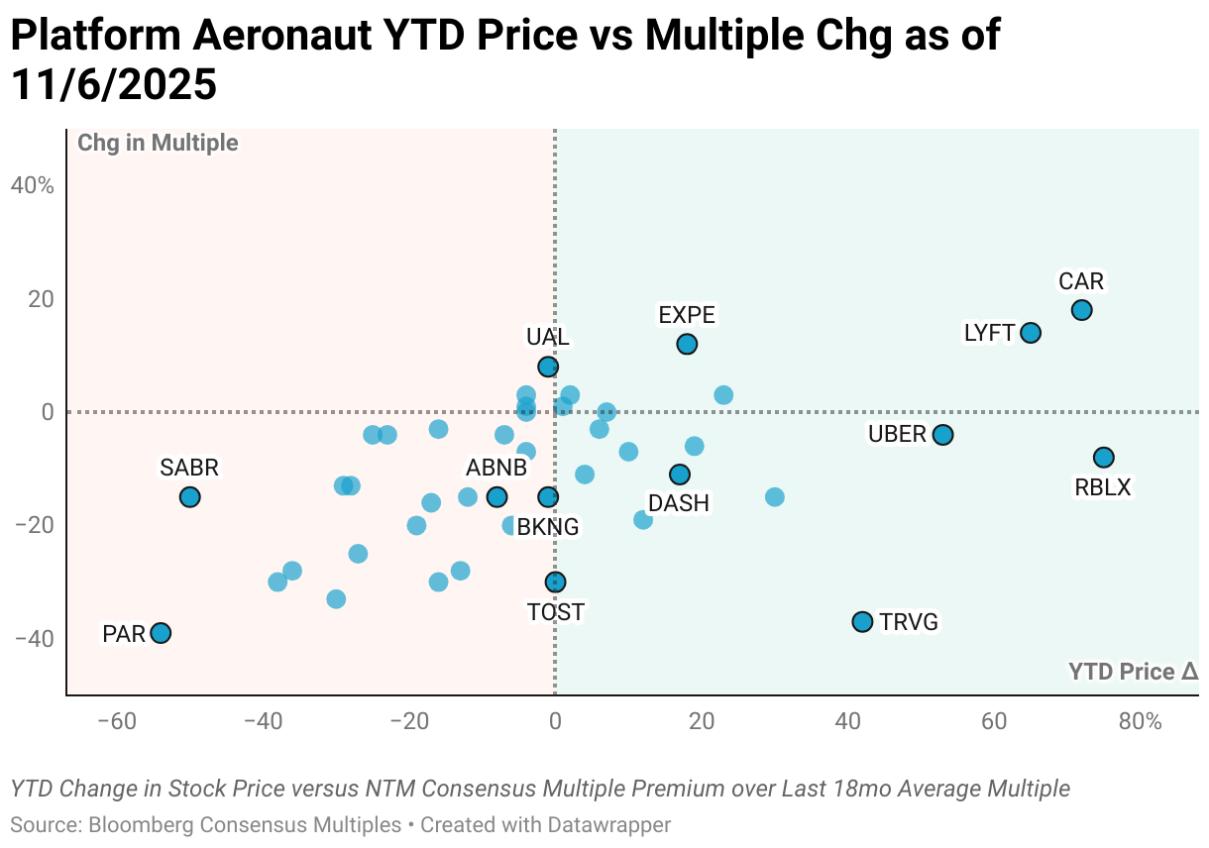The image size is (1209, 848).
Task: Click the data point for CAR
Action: pyautogui.click(x=1081, y=310)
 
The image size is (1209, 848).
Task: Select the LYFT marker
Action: pyautogui.click(x=1031, y=333)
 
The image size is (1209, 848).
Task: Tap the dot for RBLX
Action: pyautogui.click(x=1104, y=458)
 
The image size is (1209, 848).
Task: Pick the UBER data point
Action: pyautogui.click(x=943, y=435)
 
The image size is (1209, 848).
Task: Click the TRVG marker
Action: pyautogui.click(x=862, y=622)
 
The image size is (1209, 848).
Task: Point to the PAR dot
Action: pyautogui.click(x=161, y=633)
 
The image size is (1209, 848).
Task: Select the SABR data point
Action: pyautogui.click(x=189, y=497)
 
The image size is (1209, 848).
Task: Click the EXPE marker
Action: pyautogui.click(x=687, y=344)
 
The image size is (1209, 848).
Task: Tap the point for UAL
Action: pyautogui.click(x=548, y=367)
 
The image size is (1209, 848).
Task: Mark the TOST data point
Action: pyautogui.click(x=555, y=582)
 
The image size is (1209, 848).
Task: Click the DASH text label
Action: pyautogui.click(x=679, y=503)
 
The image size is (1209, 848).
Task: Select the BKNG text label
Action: pyautogui.click(x=547, y=527)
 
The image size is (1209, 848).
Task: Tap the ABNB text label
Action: pyautogui.click(x=496, y=468)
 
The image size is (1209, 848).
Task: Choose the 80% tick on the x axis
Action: pyautogui.click(x=1140, y=721)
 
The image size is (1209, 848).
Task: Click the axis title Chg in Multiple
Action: pyautogui.click(x=158, y=143)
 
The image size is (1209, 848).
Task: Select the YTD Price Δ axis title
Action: pyautogui.click(x=1133, y=672)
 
